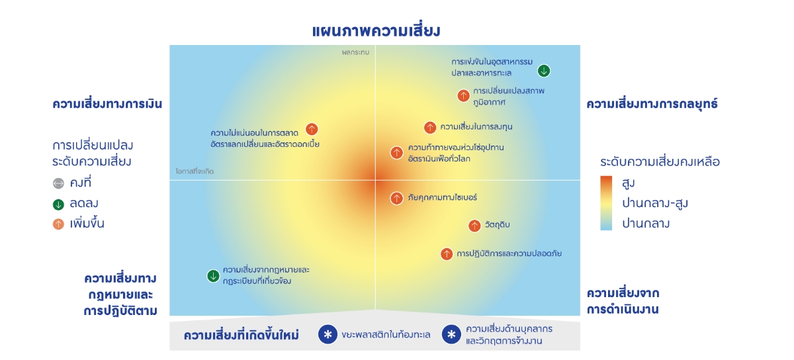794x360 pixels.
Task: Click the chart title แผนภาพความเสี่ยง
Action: pos(376,31)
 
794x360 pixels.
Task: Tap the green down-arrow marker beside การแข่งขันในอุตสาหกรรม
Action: pos(544,71)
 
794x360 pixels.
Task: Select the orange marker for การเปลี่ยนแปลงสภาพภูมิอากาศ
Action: pos(463,95)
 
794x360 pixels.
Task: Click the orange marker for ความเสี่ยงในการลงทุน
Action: pos(430,127)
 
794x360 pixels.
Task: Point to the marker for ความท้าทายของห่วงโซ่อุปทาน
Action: pos(396,152)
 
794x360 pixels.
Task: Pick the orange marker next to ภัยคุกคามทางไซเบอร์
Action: pos(396,199)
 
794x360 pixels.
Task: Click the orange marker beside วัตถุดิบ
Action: pos(474,226)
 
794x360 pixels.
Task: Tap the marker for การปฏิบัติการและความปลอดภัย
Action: pos(447,254)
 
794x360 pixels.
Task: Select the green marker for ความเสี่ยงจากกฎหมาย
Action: pos(213,275)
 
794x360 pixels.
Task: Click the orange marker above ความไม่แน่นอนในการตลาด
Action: pos(312,129)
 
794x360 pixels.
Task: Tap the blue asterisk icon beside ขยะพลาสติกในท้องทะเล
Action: pos(328,334)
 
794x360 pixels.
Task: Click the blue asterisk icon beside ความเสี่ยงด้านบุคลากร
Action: pos(451,334)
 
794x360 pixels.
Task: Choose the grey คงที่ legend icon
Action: pos(58,183)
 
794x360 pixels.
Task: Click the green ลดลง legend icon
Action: pos(58,204)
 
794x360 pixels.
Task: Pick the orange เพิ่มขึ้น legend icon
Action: pos(58,224)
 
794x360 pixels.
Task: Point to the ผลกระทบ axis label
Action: pos(355,52)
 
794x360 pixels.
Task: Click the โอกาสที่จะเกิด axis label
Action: pos(195,171)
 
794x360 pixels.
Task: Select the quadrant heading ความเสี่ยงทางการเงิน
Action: pos(107,104)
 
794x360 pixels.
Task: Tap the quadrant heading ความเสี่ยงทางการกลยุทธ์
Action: pos(652,104)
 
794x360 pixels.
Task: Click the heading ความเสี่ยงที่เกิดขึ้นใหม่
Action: pos(242,335)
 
